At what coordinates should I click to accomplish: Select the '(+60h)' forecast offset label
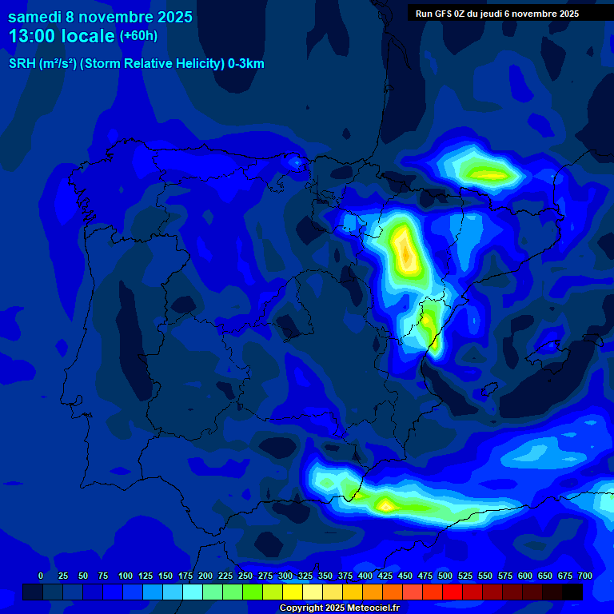pyautogui.click(x=138, y=36)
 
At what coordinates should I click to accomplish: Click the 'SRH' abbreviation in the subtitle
pyautogui.click(x=22, y=64)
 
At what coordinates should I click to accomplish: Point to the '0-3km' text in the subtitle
pyautogui.click(x=246, y=64)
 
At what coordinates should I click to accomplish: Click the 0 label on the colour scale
pyautogui.click(x=41, y=576)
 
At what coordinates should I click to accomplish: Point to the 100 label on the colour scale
pyautogui.click(x=126, y=576)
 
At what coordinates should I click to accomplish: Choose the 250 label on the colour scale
pyautogui.click(x=245, y=576)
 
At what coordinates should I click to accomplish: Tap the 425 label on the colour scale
pyautogui.click(x=385, y=576)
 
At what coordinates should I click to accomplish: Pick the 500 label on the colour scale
pyautogui.click(x=445, y=576)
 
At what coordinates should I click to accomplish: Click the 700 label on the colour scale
pyautogui.click(x=585, y=576)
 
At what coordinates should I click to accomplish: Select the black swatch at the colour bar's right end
pyautogui.click(x=572, y=592)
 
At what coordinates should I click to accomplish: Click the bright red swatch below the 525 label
pyautogui.click(x=433, y=592)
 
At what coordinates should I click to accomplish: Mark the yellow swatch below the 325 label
pyautogui.click(x=293, y=592)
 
